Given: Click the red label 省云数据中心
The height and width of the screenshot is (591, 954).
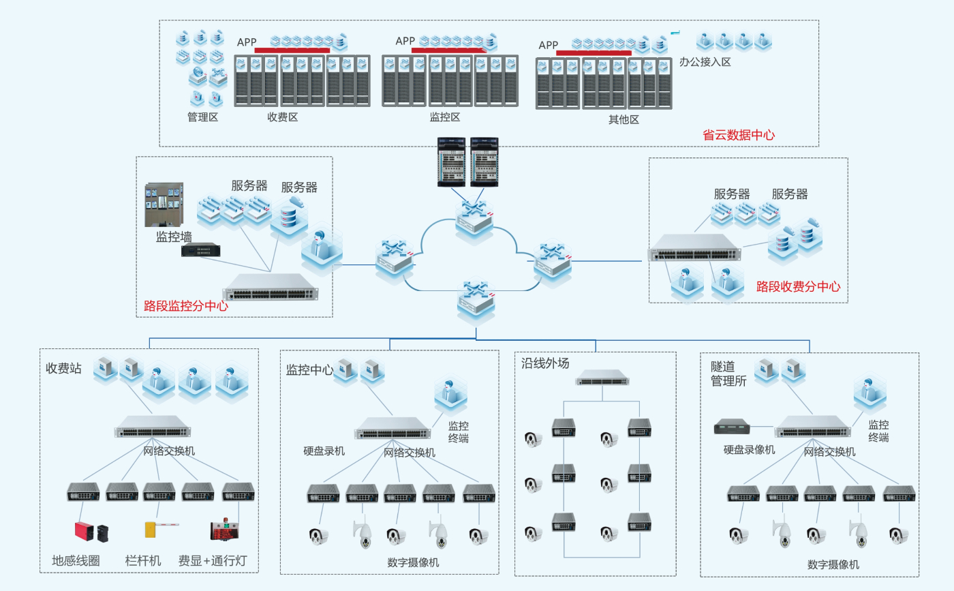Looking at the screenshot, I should [738, 135].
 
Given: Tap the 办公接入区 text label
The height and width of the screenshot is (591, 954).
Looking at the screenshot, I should [705, 62].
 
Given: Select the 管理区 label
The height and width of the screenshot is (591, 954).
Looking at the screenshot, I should [202, 117].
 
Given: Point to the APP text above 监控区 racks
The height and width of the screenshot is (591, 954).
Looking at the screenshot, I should [405, 41].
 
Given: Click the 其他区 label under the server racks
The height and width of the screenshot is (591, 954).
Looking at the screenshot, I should [624, 120].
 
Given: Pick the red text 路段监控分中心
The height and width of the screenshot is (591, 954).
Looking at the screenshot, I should [185, 306].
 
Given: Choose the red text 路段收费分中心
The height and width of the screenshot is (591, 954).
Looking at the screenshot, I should [798, 287].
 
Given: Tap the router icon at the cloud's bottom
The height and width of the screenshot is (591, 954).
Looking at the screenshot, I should [476, 300].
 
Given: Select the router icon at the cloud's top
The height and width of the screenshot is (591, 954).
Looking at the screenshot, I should [476, 216].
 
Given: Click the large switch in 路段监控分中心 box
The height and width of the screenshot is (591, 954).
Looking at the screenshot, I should [270, 289].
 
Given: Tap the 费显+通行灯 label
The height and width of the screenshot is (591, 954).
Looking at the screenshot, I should [212, 561].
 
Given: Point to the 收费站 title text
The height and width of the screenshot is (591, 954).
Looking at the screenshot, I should [63, 369].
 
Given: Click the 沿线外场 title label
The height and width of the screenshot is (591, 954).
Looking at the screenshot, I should [544, 363].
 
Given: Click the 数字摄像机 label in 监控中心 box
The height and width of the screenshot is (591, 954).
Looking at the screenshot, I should [413, 562].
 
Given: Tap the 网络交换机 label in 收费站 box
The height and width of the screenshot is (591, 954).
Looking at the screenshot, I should [168, 451].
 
